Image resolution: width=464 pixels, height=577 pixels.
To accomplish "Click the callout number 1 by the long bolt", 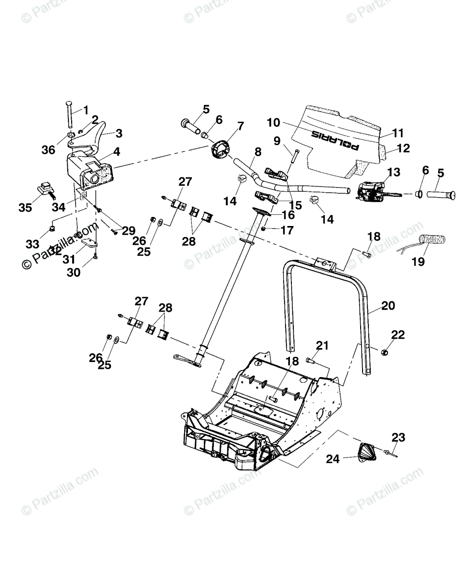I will pos(86,110).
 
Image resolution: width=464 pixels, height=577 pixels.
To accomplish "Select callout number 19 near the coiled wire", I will pos(418,262).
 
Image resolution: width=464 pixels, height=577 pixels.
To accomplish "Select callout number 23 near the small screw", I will pos(398,438).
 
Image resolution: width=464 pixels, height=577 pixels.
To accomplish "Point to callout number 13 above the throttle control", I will pos(393,172).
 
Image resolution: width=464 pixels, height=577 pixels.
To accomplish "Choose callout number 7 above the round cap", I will pos(240,126).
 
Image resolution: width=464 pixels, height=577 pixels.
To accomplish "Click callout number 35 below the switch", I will pos(25,207).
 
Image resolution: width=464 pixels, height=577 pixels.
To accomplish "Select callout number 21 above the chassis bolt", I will pos(322,345).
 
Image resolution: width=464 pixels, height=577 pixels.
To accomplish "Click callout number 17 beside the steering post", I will pos(287,230).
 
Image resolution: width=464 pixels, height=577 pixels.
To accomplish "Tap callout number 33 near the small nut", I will pos(32,244).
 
